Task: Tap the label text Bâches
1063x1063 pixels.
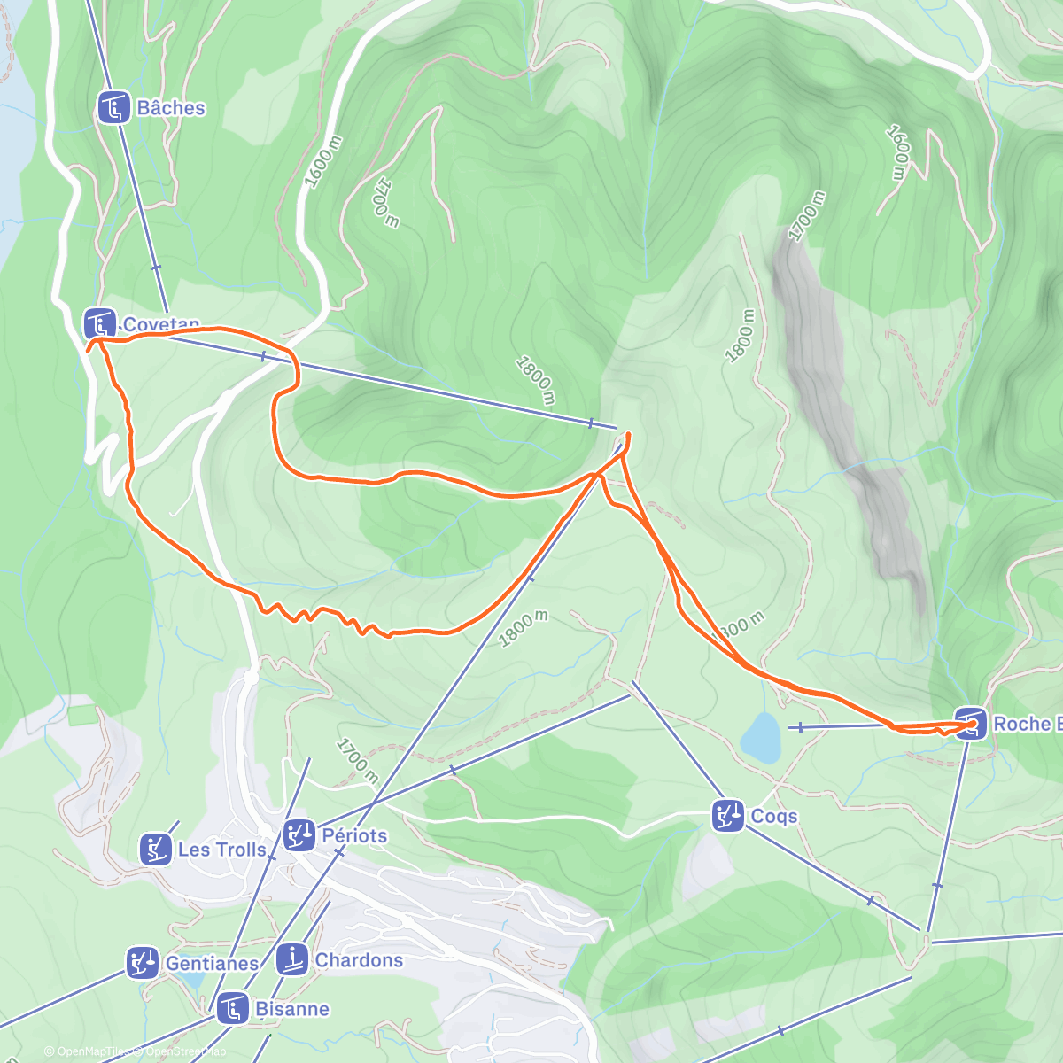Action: pyautogui.click(x=171, y=108)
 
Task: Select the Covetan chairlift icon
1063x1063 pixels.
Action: pyautogui.click(x=99, y=323)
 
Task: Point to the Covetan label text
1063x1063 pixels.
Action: pyautogui.click(x=160, y=324)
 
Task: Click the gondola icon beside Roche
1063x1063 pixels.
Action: pyautogui.click(x=971, y=724)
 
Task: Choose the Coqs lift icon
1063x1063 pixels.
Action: pyautogui.click(x=728, y=816)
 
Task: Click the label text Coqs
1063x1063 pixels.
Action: pyautogui.click(x=773, y=816)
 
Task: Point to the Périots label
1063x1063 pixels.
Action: pyautogui.click(x=354, y=835)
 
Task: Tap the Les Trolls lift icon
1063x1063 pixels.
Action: pyautogui.click(x=156, y=850)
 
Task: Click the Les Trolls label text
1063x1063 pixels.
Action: pyautogui.click(x=221, y=850)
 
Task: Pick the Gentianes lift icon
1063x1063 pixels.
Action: pyautogui.click(x=143, y=963)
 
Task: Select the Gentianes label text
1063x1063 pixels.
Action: pyautogui.click(x=212, y=963)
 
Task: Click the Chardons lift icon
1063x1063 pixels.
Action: pyautogui.click(x=291, y=960)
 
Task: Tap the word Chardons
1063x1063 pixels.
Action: pyautogui.click(x=359, y=960)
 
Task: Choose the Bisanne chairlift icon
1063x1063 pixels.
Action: pyautogui.click(x=232, y=1009)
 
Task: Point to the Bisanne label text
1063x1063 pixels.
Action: pyautogui.click(x=291, y=1009)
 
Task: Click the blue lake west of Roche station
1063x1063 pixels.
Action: pyautogui.click(x=760, y=737)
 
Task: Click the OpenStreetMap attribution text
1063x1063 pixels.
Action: pyautogui.click(x=186, y=1051)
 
